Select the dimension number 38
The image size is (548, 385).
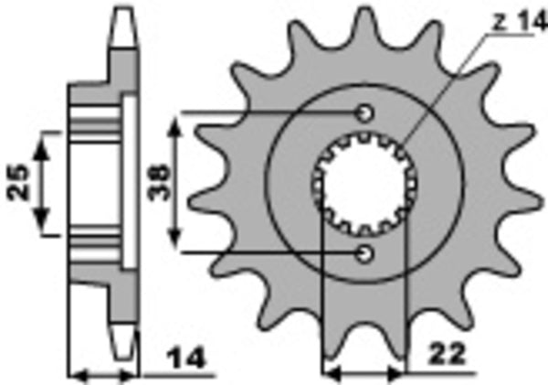pos(157,183)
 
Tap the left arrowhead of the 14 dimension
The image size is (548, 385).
pos(79,373)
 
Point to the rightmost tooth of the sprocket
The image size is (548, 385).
pos(527,183)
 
